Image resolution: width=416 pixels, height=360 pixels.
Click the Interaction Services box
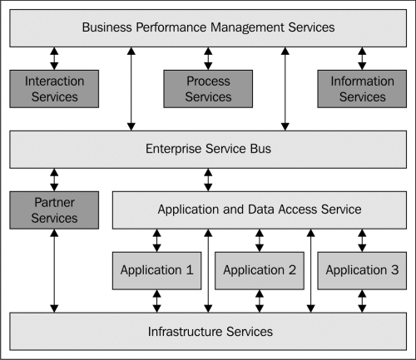pos(54,89)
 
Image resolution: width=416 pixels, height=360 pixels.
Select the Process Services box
pos(208,89)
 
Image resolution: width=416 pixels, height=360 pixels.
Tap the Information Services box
pos(362,89)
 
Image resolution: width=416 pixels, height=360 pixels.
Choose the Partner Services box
pos(54,210)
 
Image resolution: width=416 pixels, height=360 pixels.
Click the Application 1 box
pos(156,271)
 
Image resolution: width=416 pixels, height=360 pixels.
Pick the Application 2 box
pos(260,271)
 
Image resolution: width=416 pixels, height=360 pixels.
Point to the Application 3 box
pos(362,271)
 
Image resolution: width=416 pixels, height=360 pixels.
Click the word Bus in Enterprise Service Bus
pos(260,149)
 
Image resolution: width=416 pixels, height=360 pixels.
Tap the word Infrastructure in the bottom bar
pos(186,332)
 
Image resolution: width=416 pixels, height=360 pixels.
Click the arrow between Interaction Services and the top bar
pos(54,58)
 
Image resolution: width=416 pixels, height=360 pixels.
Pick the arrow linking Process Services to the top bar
pos(208,58)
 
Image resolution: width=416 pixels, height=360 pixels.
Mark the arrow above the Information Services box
pos(362,58)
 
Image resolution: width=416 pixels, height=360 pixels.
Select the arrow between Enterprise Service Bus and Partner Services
pos(54,180)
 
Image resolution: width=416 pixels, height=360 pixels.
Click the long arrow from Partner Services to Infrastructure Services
pos(54,271)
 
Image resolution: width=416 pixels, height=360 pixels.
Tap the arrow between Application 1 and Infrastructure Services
pos(156,301)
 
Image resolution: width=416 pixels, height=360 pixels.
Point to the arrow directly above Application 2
pos(260,240)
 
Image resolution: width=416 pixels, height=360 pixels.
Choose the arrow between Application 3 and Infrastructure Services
pos(362,301)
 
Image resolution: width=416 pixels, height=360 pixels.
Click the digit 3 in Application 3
pos(395,270)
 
